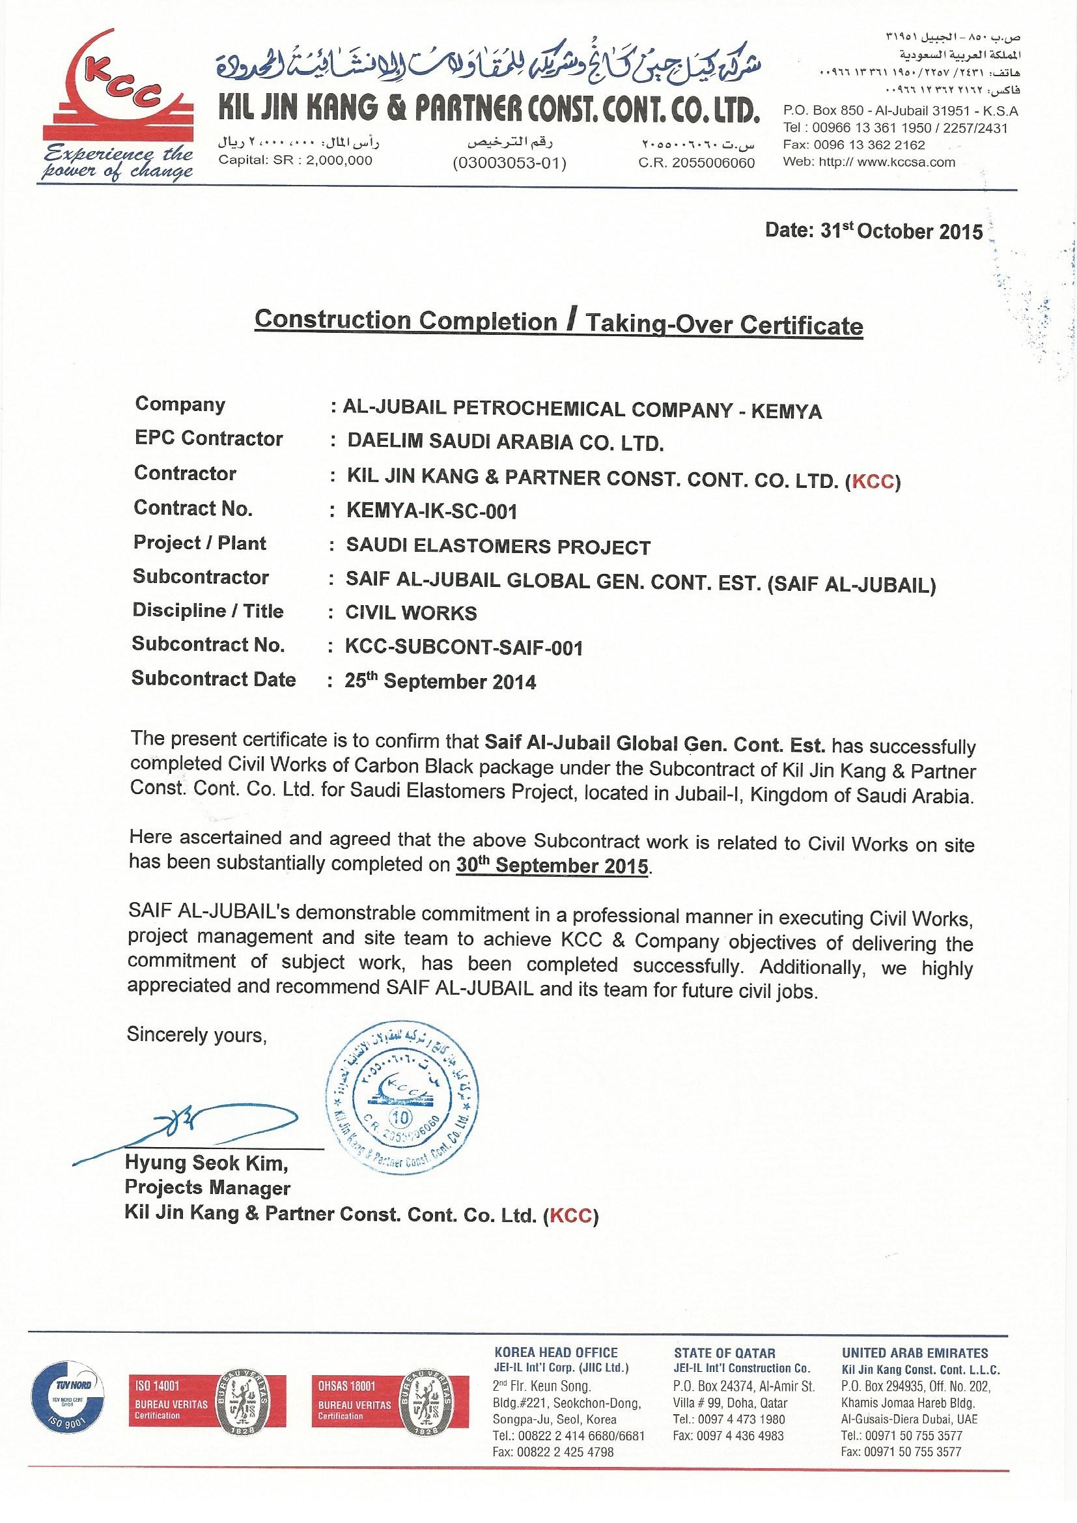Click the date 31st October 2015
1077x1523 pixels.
tap(873, 231)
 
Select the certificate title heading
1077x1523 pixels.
tap(559, 323)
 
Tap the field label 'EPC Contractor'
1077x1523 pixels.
tap(208, 438)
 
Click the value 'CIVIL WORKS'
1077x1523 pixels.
tap(411, 612)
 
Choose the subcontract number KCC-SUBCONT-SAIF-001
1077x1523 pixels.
tap(464, 647)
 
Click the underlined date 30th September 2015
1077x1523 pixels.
tap(552, 866)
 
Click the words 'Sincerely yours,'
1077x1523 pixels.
tap(196, 1035)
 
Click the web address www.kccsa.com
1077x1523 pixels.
tap(906, 162)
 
